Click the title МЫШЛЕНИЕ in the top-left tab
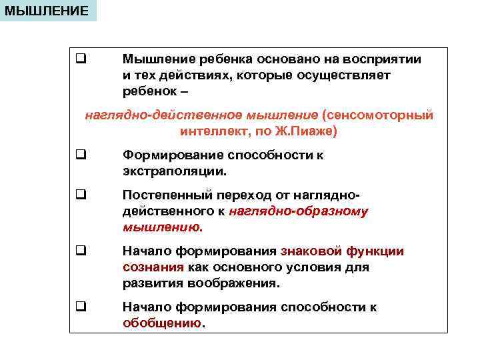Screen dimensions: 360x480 tap(46, 11)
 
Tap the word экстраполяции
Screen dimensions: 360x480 tap(175, 171)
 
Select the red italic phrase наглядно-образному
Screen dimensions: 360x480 tap(298, 211)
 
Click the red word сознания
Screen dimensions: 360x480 tap(153, 267)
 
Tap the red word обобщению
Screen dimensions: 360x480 tap(163, 323)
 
